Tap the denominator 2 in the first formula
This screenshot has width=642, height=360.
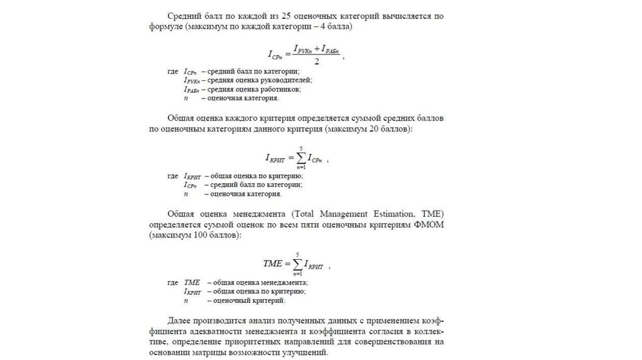(317, 62)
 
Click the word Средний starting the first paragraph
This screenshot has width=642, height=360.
(183, 15)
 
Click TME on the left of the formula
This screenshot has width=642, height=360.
(273, 264)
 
